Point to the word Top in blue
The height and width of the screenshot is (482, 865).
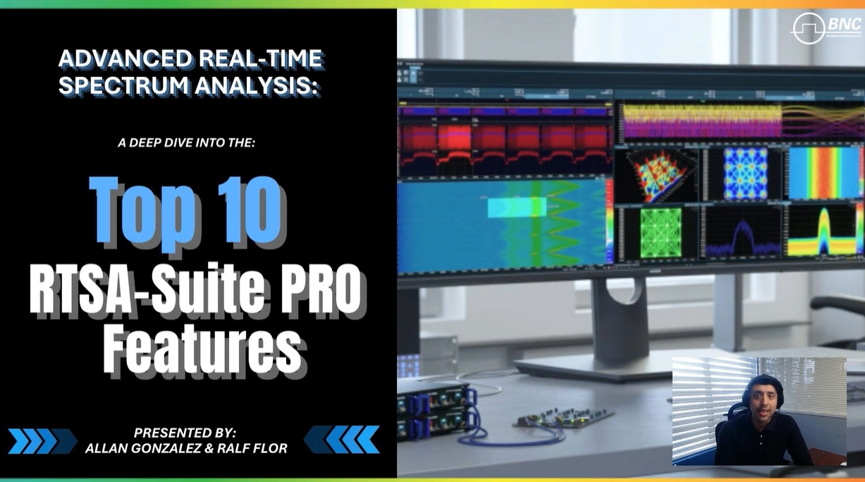tap(141, 212)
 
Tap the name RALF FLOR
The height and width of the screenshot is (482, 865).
tap(254, 447)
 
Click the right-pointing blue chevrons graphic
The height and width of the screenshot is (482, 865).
tap(42, 440)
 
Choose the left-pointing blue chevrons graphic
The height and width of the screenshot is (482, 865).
tap(342, 439)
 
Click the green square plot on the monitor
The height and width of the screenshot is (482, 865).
tap(661, 232)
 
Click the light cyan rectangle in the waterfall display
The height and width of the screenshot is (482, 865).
tap(516, 207)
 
